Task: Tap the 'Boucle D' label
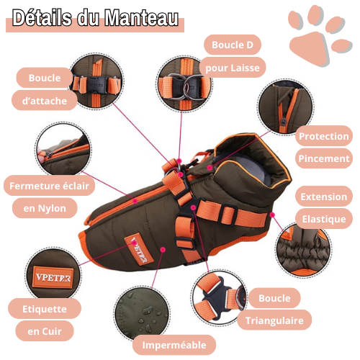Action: click(232, 45)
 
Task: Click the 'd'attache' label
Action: click(44, 101)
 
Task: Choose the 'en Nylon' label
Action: click(44, 209)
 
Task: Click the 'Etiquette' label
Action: click(44, 309)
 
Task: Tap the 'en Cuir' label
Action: click(44, 332)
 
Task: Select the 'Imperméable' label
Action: click(174, 345)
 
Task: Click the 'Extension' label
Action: click(324, 196)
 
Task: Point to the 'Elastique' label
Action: click(324, 219)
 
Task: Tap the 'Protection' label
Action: click(324, 136)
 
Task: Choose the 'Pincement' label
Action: click(324, 158)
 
